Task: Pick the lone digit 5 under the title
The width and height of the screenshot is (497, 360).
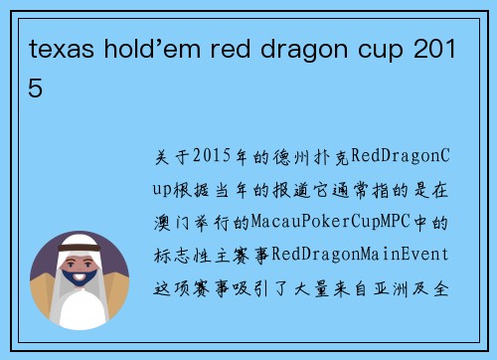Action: pos(37,89)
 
